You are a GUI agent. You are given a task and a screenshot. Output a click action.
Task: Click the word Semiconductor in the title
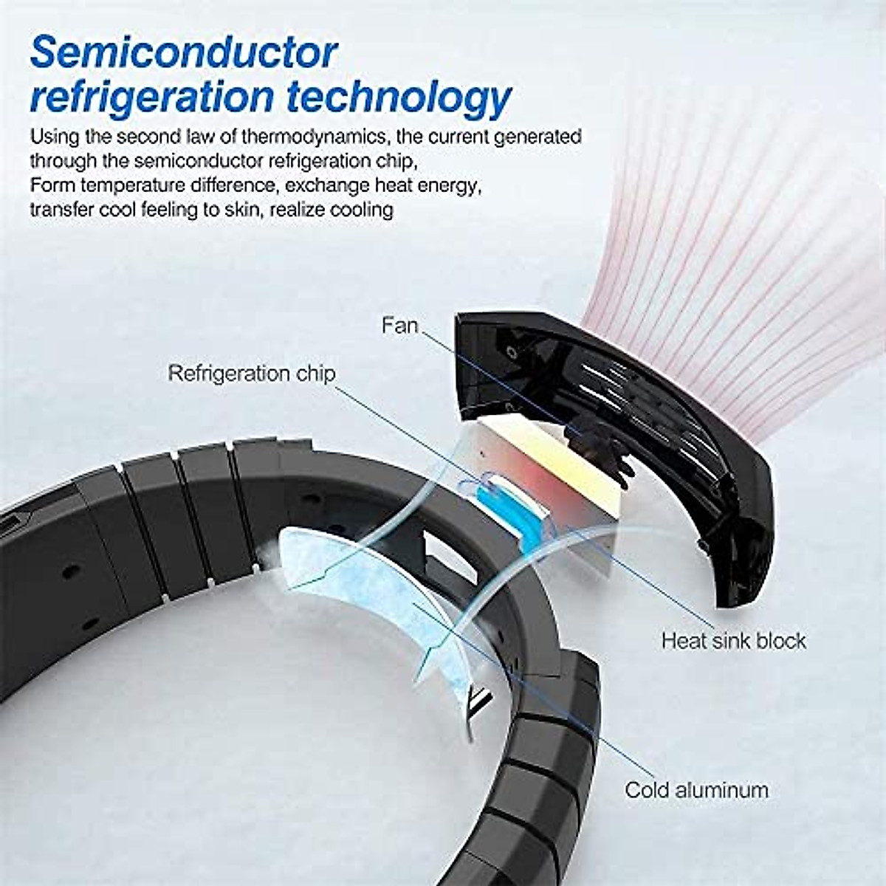point(184,54)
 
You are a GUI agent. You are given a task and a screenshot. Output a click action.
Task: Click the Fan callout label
point(400,325)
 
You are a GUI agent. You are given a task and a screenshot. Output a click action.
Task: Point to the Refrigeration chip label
point(252,373)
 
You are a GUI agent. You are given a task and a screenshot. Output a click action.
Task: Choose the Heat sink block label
point(733,640)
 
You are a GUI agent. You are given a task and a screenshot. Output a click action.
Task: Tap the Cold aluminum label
point(696,790)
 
